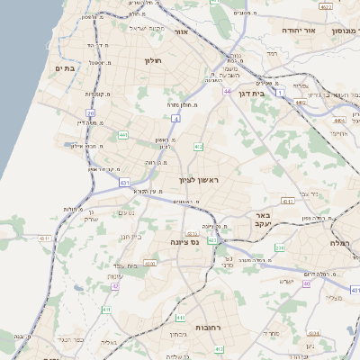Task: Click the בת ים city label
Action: click(63, 67)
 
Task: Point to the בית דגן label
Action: click(257, 93)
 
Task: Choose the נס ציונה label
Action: click(185, 242)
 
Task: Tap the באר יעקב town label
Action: click(262, 221)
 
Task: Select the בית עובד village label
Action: click(136, 265)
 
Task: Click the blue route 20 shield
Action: click(91, 112)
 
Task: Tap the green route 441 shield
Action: click(122, 136)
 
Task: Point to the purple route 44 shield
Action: click(229, 91)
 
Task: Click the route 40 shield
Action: click(306, 283)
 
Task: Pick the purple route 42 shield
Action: click(115, 287)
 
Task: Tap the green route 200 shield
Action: click(280, 247)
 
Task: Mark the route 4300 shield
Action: click(150, 264)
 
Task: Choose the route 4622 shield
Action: click(299, 103)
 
